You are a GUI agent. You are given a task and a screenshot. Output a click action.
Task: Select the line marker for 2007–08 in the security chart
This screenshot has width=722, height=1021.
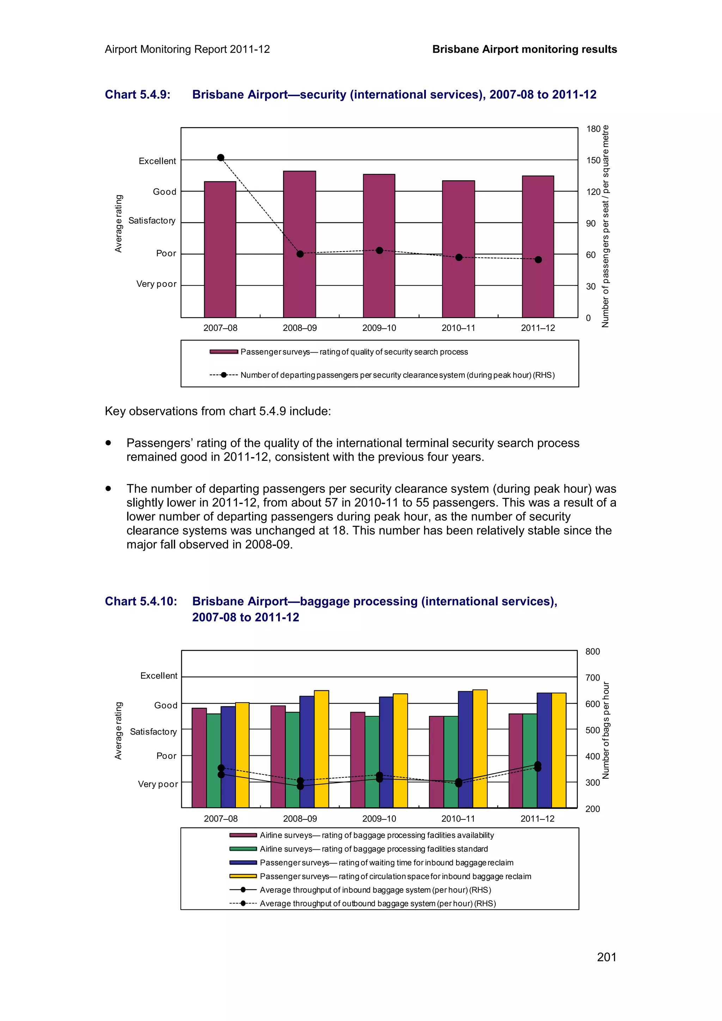(x=221, y=157)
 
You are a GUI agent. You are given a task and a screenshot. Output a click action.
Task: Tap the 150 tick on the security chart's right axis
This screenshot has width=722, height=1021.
(x=593, y=161)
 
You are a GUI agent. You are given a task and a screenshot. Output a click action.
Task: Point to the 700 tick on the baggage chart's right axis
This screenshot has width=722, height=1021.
(x=592, y=678)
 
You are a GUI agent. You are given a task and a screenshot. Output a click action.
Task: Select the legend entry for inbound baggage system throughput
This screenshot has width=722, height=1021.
(x=375, y=890)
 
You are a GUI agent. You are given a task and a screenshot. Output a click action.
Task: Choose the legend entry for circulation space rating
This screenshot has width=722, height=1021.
(x=395, y=876)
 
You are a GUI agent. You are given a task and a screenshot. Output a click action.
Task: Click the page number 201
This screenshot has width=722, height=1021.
(x=606, y=957)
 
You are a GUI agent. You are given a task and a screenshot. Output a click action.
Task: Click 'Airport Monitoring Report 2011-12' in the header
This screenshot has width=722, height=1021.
(x=187, y=49)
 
